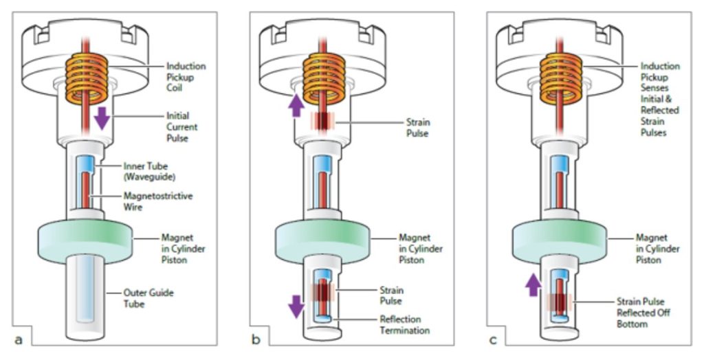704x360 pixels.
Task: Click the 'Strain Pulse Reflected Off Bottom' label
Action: [x=643, y=313]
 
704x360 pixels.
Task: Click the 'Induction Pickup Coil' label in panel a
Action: [x=186, y=78]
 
